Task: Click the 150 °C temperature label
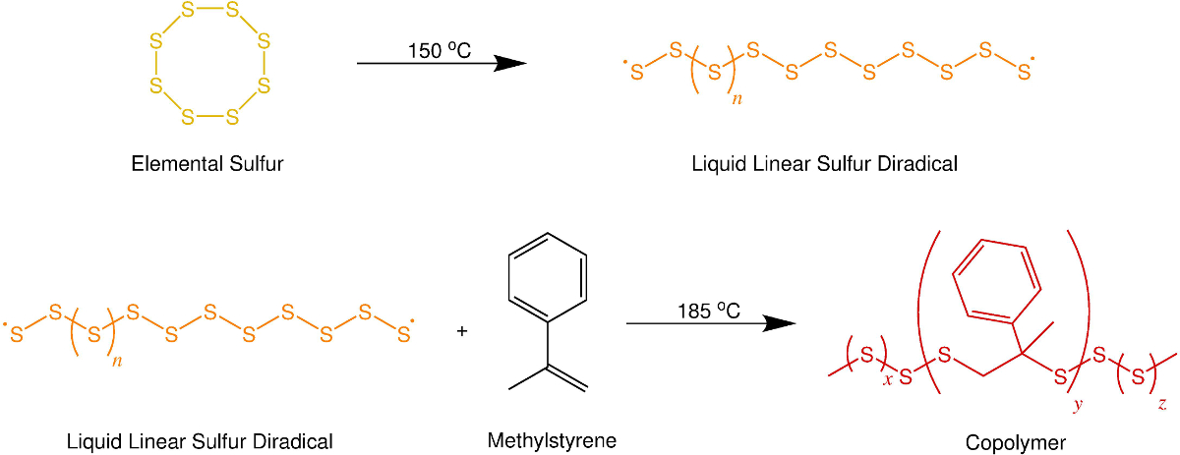[x=442, y=50]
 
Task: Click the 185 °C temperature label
[x=708, y=311]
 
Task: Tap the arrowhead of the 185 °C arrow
[x=778, y=323]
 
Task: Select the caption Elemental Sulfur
[x=207, y=164]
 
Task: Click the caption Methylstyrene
[x=552, y=440]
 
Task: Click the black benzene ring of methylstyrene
[x=548, y=275]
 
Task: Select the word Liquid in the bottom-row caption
[x=91, y=441]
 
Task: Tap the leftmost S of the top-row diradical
[x=636, y=72]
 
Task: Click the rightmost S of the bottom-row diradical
[x=403, y=335]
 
